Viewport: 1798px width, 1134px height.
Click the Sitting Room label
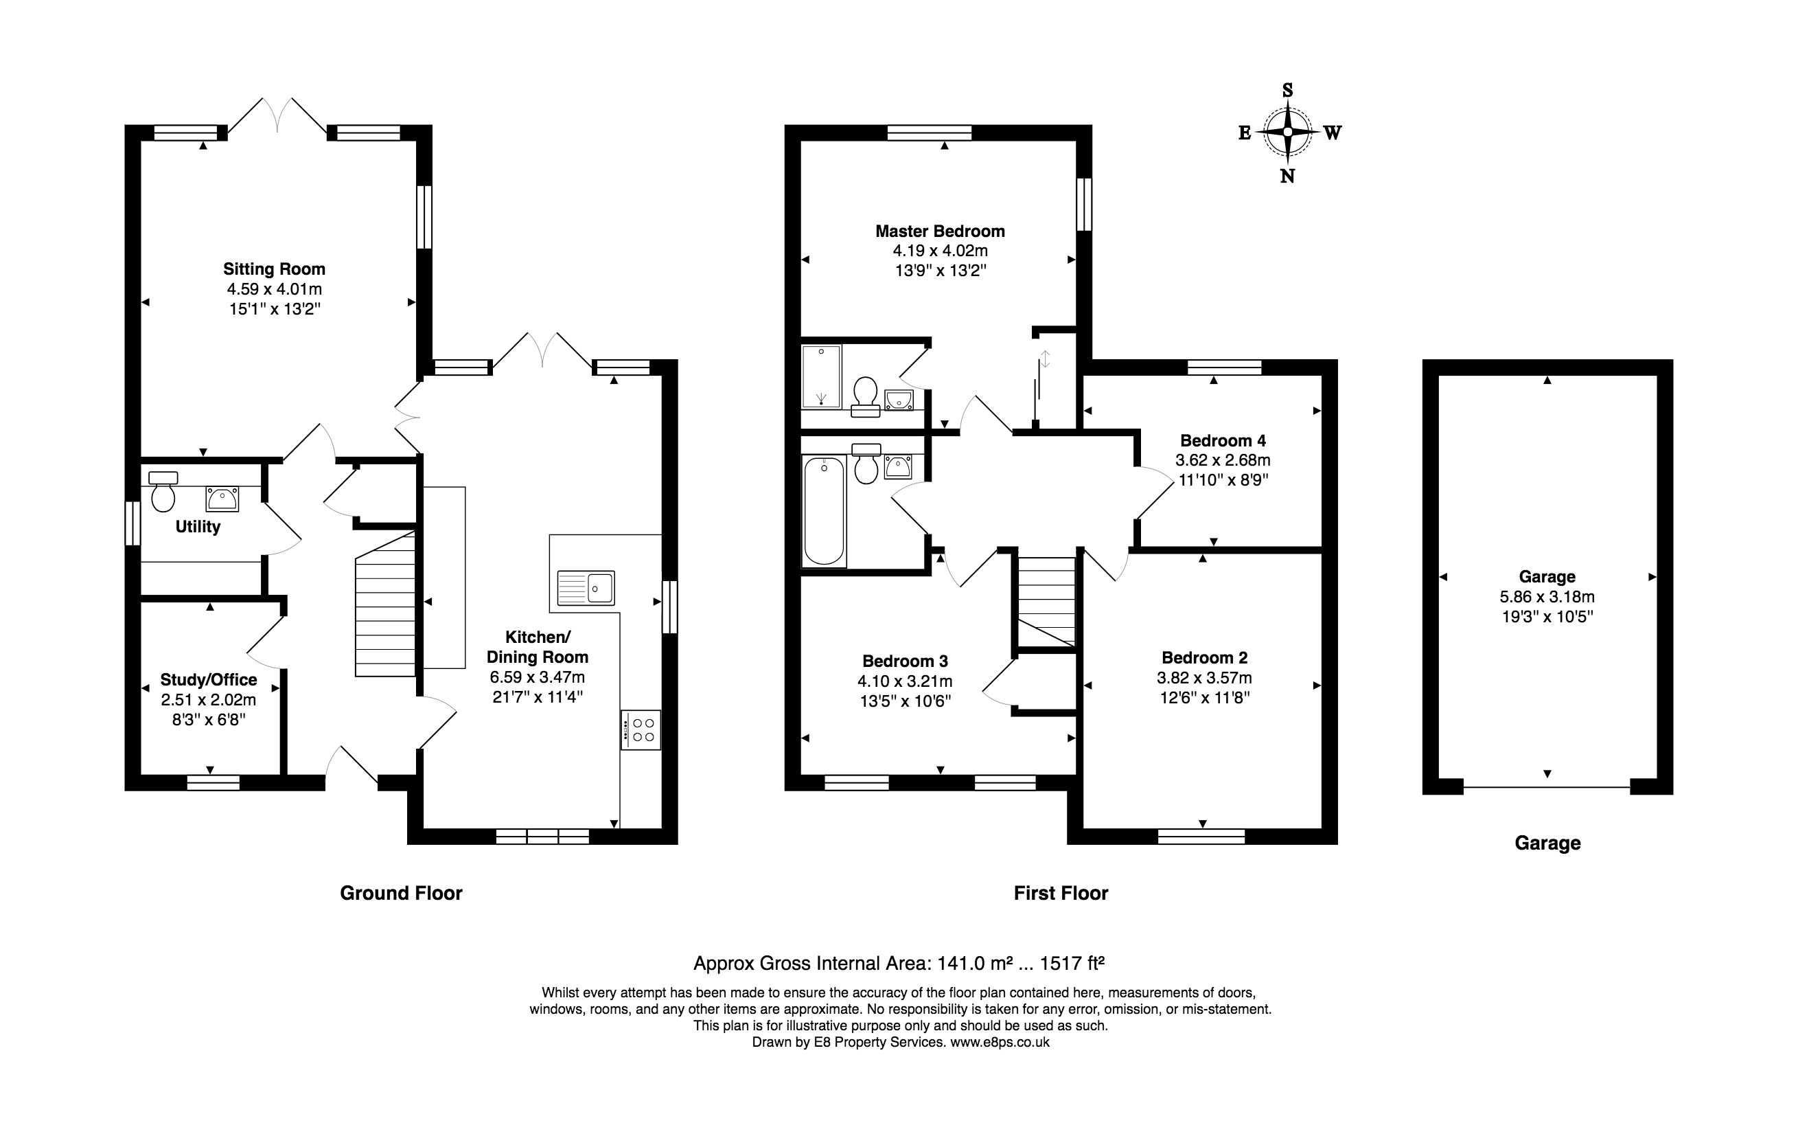[274, 269]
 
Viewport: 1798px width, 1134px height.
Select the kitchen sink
[586, 587]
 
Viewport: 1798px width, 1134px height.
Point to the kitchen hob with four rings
[641, 730]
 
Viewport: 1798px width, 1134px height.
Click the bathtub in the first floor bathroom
[824, 511]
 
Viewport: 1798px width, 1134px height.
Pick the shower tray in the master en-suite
[820, 376]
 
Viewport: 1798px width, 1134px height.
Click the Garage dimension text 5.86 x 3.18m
[1547, 597]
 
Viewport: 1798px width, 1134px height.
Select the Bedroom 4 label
[1223, 440]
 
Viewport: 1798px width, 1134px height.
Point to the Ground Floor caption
[401, 893]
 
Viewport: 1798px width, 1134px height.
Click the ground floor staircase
[384, 604]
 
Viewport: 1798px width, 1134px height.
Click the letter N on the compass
[1287, 177]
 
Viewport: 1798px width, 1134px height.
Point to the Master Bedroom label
[940, 231]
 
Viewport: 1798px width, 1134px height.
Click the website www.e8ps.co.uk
[999, 1042]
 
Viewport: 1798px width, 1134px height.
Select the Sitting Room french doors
[277, 117]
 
